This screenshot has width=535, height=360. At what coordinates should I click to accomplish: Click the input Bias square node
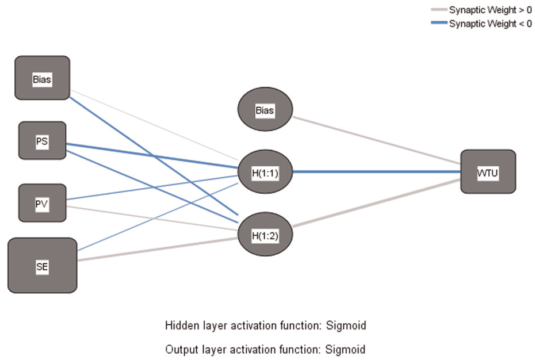point(43,78)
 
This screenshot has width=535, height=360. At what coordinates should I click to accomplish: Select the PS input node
point(43,140)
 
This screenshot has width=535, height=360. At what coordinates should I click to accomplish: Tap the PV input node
point(43,203)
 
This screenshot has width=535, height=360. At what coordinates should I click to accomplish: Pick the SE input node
point(43,266)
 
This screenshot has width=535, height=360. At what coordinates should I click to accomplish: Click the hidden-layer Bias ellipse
point(265,109)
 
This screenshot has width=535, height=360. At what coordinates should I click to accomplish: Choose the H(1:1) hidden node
point(265,171)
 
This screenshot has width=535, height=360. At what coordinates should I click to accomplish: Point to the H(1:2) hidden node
point(265,234)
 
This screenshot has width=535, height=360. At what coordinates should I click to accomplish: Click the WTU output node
point(488,171)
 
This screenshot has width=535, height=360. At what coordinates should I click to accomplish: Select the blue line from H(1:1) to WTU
point(377,171)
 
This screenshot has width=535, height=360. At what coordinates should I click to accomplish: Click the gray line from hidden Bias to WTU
point(377,140)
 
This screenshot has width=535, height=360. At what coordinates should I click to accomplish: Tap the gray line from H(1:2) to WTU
point(377,202)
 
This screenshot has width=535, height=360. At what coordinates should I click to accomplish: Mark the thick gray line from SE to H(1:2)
point(158,249)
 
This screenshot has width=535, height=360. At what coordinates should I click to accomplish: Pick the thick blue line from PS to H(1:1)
point(152,156)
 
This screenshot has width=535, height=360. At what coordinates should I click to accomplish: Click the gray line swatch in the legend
point(439,10)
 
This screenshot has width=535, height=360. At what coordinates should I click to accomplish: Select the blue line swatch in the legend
point(439,23)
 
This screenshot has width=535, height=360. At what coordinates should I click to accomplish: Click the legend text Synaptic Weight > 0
point(490,10)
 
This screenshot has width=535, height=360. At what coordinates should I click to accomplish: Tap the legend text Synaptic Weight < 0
point(490,24)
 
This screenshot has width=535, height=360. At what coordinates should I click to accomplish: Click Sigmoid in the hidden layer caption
point(346,325)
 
